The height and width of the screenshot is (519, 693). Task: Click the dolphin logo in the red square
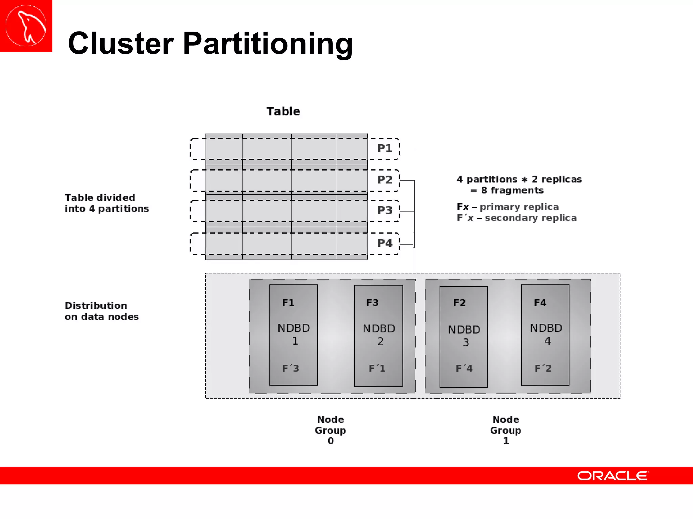tap(26, 26)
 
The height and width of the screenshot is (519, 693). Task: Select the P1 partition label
tap(385, 148)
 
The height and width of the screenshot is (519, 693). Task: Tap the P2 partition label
tap(385, 180)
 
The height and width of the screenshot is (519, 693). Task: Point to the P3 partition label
tap(385, 211)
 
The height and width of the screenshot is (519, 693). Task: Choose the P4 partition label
tap(385, 243)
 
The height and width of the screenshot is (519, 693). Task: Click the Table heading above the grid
tap(283, 112)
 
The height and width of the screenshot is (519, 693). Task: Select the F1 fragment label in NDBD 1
tap(288, 303)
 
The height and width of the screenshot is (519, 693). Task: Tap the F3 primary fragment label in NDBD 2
tap(372, 303)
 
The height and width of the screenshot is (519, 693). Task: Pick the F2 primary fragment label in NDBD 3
tap(460, 303)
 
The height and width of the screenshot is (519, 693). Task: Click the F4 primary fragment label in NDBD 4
tap(540, 303)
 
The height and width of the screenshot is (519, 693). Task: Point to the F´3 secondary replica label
tap(291, 368)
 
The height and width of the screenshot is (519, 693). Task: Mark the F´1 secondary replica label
tap(377, 368)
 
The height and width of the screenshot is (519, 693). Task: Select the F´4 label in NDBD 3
tap(464, 368)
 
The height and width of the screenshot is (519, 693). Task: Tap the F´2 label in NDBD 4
tap(543, 368)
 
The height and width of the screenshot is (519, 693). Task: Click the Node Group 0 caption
tap(331, 430)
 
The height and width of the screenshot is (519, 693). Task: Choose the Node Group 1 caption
tap(506, 430)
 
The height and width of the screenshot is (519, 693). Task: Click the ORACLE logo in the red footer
tap(613, 476)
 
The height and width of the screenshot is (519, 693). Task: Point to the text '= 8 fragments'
tap(507, 190)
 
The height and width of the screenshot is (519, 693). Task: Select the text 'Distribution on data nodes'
tap(102, 311)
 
